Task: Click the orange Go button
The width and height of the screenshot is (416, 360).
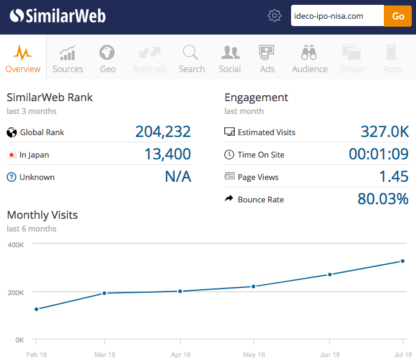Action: click(398, 16)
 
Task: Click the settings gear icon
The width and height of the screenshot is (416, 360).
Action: click(275, 16)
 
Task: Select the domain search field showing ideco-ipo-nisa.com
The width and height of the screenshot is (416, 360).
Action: click(337, 16)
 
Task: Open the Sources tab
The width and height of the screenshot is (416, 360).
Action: click(68, 59)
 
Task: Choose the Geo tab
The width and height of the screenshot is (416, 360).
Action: click(108, 59)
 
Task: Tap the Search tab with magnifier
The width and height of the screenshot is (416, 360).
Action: click(192, 59)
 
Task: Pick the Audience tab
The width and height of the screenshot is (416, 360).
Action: click(310, 59)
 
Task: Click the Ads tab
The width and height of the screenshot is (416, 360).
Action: click(267, 59)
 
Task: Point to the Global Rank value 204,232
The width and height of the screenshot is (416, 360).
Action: click(163, 132)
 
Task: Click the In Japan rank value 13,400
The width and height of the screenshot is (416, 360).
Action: click(167, 155)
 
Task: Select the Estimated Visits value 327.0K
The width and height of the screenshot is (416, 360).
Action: click(384, 132)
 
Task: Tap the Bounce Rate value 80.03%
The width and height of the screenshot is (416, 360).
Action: click(383, 199)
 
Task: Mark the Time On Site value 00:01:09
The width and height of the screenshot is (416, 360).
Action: click(378, 155)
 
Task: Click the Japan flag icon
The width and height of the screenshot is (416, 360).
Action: click(11, 155)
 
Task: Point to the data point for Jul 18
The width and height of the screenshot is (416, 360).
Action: click(402, 261)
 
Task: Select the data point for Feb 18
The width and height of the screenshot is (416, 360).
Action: click(36, 309)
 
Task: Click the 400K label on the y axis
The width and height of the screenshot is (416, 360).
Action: click(15, 245)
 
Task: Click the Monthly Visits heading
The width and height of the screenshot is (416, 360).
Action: click(42, 215)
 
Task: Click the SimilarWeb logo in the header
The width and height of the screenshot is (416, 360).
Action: click(58, 16)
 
